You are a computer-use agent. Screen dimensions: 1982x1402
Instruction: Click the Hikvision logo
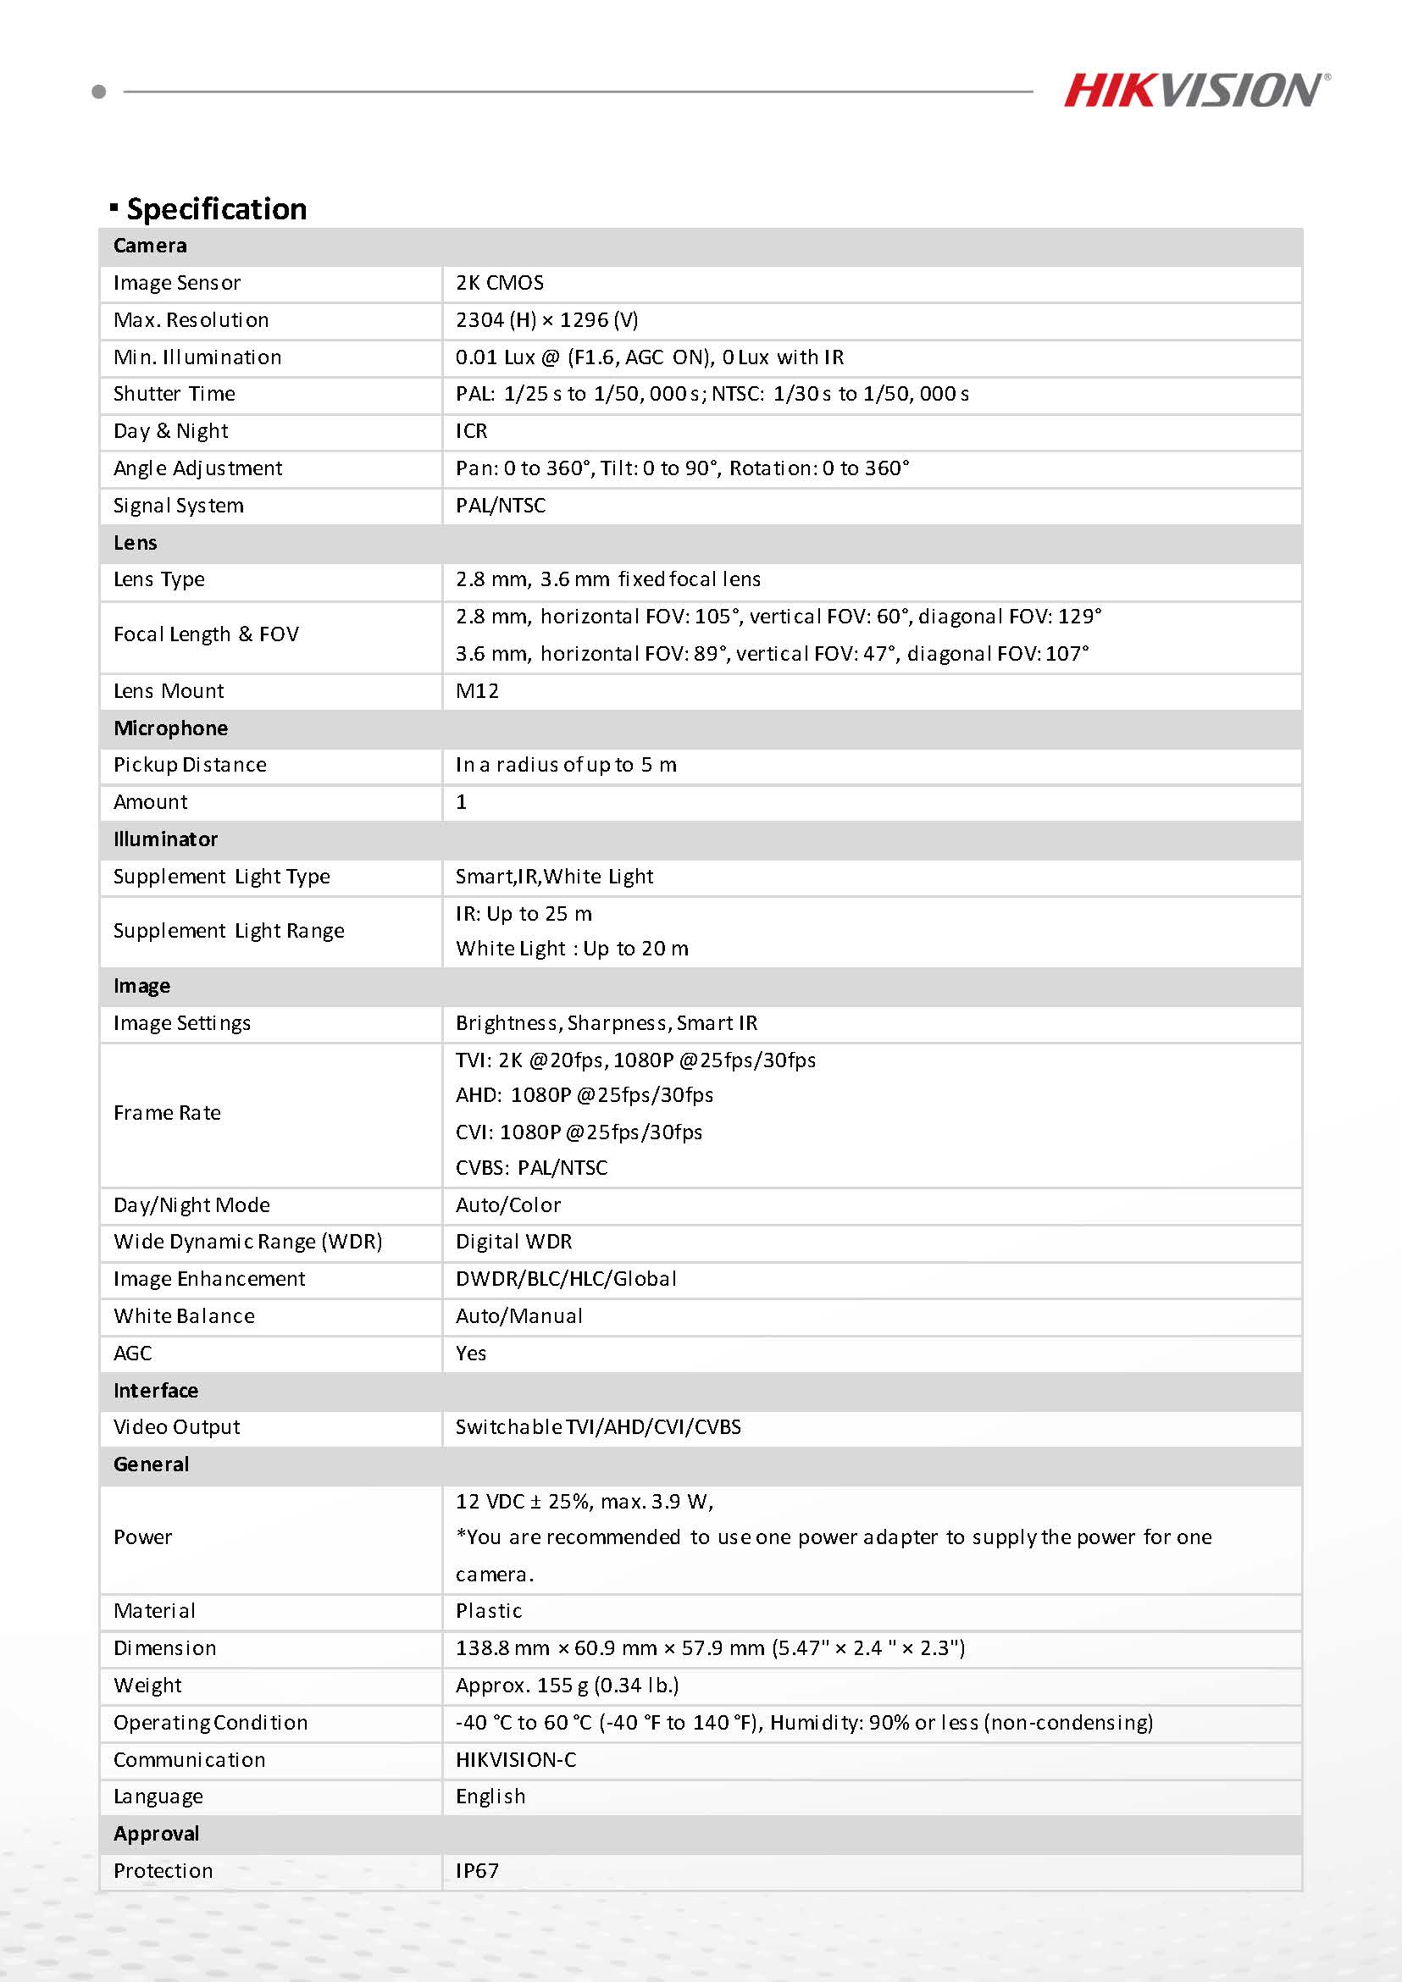tap(1195, 91)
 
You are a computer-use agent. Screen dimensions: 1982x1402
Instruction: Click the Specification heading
tap(216, 209)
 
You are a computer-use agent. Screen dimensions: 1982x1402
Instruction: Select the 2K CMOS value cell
tap(500, 283)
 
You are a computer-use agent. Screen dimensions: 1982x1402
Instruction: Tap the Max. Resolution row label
tap(191, 320)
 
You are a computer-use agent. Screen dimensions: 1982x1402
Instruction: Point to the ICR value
tap(471, 431)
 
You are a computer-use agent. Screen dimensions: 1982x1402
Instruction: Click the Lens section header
tap(136, 543)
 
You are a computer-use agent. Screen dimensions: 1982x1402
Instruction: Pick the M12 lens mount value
tap(478, 690)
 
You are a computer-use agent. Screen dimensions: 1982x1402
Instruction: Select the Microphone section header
tap(170, 728)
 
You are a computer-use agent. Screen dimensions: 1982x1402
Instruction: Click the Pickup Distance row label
tap(190, 765)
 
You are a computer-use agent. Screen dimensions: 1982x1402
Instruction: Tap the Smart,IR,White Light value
tap(554, 876)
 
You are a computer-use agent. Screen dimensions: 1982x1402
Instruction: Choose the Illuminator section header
tap(165, 839)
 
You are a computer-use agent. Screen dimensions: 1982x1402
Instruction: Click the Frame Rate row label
tap(167, 1113)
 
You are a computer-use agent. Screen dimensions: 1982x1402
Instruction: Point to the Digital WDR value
tap(513, 1242)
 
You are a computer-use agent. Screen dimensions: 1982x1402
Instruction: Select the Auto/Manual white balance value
tap(518, 1315)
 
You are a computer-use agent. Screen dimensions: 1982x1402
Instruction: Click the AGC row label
tap(132, 1353)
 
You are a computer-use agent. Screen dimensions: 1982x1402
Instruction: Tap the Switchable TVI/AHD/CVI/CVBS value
tap(598, 1427)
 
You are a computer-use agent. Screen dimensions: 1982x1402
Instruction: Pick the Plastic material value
tap(489, 1611)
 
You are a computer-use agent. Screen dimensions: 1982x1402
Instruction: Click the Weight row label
tap(147, 1685)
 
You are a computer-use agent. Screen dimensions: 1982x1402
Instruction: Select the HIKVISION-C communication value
tap(515, 1759)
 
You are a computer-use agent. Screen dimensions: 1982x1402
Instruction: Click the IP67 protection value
tap(478, 1871)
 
